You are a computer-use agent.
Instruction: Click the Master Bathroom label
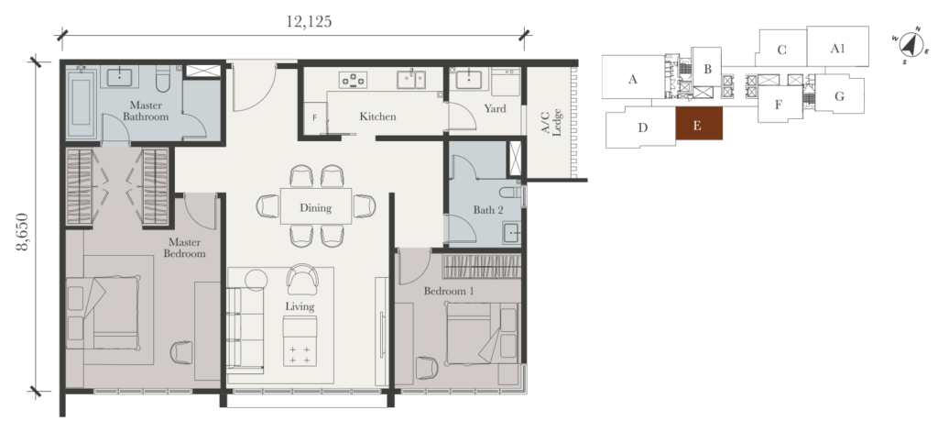point(146,111)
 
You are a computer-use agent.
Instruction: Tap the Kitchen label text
point(377,116)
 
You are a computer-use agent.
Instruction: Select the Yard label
point(495,109)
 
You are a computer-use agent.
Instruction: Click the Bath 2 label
point(488,210)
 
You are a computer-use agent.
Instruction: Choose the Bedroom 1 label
point(448,291)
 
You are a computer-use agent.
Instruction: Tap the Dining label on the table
point(315,208)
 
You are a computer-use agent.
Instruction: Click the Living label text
point(300,306)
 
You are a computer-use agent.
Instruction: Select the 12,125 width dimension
point(309,22)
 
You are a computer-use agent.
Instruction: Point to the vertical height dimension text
point(23,233)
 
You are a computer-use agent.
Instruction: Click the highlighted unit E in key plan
point(698,126)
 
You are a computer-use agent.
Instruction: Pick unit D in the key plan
point(642,127)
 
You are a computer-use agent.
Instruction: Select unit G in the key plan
point(839,95)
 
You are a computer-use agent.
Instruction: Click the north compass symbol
point(909,44)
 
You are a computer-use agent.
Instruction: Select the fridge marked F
point(315,118)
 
